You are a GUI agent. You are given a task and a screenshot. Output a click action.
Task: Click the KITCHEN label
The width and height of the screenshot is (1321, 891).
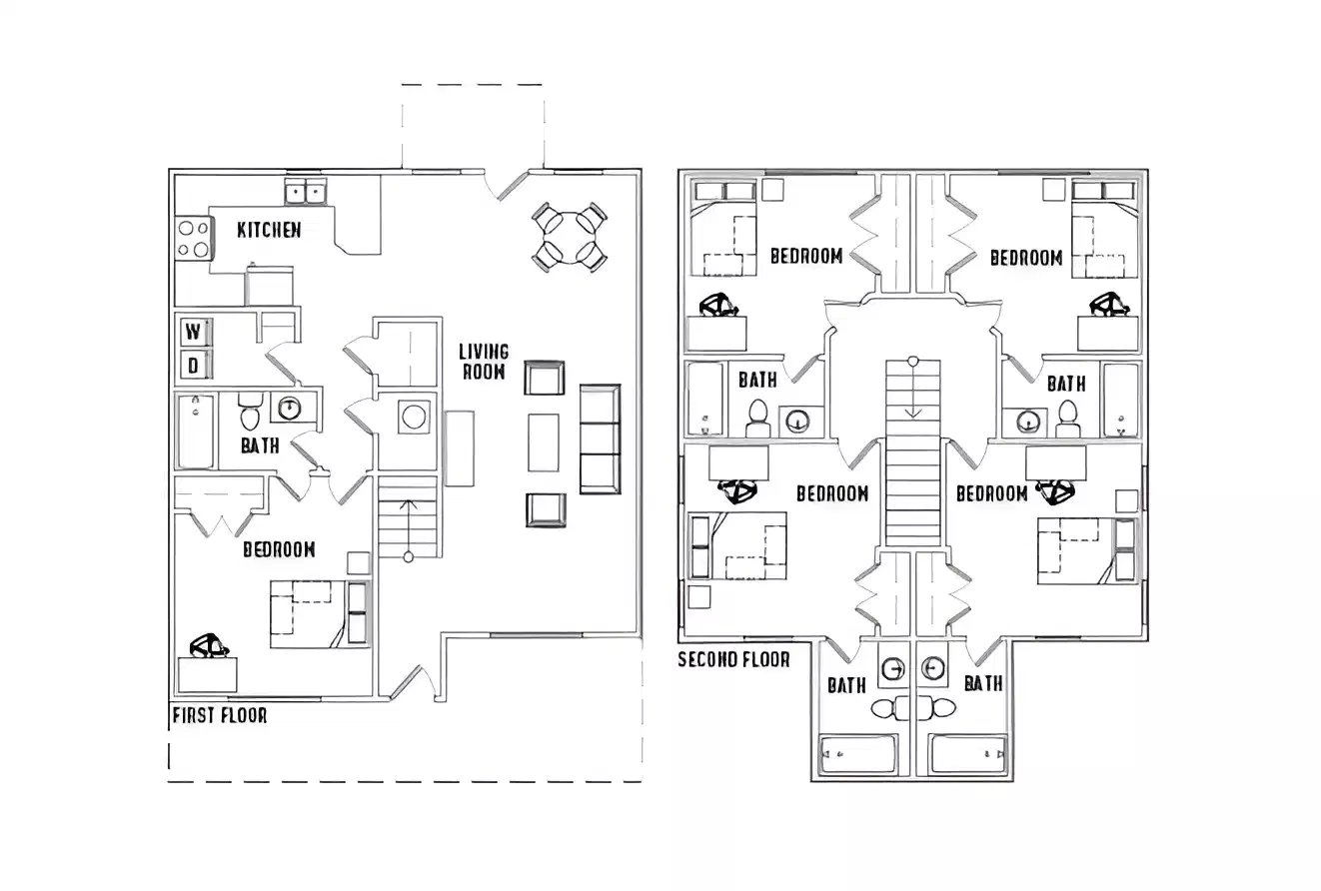tap(269, 230)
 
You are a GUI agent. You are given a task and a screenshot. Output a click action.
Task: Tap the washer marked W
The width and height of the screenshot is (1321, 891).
tap(194, 332)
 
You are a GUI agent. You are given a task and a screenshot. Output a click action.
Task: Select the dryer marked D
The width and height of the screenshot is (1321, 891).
tap(194, 366)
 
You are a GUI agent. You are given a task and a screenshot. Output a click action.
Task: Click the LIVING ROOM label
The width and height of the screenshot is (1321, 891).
tap(484, 362)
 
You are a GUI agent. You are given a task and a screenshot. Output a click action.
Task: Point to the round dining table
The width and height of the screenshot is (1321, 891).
tap(569, 237)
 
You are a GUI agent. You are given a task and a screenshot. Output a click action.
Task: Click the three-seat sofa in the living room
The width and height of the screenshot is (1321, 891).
tap(600, 439)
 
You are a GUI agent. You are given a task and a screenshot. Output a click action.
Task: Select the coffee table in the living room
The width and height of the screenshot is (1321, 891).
tap(544, 442)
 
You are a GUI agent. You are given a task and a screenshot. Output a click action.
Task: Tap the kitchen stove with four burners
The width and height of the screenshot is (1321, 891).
tap(193, 239)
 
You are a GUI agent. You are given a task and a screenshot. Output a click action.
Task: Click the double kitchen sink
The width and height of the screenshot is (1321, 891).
tap(307, 191)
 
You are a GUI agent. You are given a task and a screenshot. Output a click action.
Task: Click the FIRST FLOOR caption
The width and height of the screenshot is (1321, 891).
tap(220, 715)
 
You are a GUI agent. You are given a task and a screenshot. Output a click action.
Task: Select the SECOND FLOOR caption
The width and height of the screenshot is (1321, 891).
tap(733, 659)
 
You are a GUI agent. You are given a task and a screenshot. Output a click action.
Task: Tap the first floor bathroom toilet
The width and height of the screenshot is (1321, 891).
tap(250, 413)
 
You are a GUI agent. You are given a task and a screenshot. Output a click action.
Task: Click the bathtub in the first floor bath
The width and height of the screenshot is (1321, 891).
tap(196, 431)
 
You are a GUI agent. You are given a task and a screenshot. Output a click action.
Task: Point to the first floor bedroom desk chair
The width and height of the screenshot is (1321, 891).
tap(210, 646)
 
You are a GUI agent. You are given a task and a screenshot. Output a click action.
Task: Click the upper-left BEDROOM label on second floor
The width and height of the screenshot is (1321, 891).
tap(805, 256)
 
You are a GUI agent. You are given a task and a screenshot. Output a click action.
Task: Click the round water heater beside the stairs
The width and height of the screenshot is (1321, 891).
tap(414, 416)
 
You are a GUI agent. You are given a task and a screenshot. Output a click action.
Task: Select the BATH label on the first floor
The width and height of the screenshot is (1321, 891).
tap(260, 446)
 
